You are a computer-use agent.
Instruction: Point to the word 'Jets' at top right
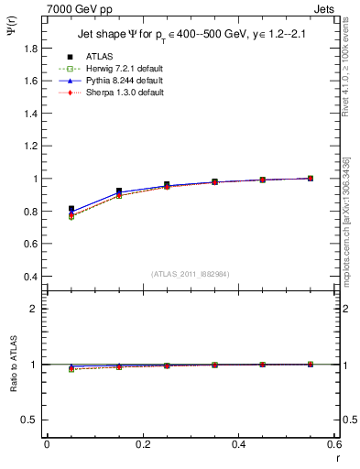coord(325,7)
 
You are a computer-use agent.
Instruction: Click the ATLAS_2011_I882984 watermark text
coord(190,274)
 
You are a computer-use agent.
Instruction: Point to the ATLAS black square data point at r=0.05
coord(71,209)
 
